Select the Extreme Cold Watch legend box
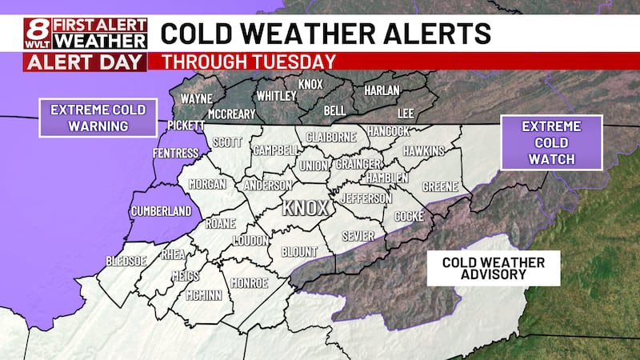(x=551, y=142)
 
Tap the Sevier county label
(x=358, y=237)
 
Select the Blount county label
(x=299, y=251)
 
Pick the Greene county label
(x=440, y=186)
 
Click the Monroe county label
(x=249, y=282)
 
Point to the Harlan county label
(x=382, y=91)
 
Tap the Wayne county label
(x=196, y=99)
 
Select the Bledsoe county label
(x=127, y=262)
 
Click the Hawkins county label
(x=424, y=151)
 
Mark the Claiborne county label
(x=329, y=137)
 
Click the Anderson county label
(x=267, y=185)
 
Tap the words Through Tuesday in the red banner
(x=249, y=62)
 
